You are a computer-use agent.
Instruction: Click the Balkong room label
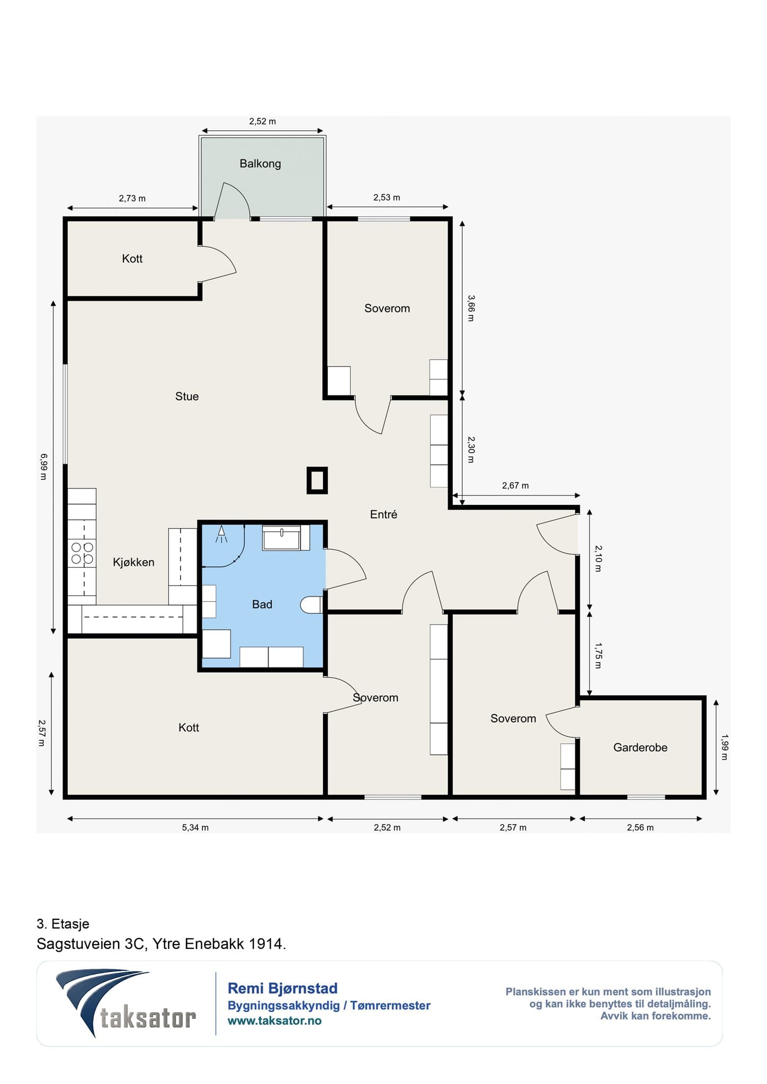(x=260, y=164)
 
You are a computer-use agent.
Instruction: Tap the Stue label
(x=187, y=396)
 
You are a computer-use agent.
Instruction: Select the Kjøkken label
(x=133, y=562)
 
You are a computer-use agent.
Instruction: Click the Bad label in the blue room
(x=262, y=604)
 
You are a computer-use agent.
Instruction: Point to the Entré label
(x=384, y=514)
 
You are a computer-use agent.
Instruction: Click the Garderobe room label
(x=640, y=747)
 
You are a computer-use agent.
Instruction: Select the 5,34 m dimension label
(x=195, y=827)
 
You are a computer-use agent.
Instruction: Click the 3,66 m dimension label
(x=471, y=308)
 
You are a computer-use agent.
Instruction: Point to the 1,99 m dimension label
(x=725, y=747)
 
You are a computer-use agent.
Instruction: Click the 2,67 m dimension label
(x=515, y=485)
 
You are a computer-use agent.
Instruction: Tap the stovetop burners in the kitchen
(x=82, y=553)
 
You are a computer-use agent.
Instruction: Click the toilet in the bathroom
(x=311, y=605)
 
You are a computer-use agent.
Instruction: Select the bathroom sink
(x=282, y=537)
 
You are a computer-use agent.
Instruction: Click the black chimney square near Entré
(x=317, y=481)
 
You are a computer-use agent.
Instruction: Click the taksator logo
(x=126, y=1004)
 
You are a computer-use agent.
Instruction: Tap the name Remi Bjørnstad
(x=282, y=988)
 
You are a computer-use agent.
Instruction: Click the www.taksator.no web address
(x=274, y=1021)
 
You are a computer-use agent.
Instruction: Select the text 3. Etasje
(x=63, y=924)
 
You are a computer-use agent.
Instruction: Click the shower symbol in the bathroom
(x=221, y=534)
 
